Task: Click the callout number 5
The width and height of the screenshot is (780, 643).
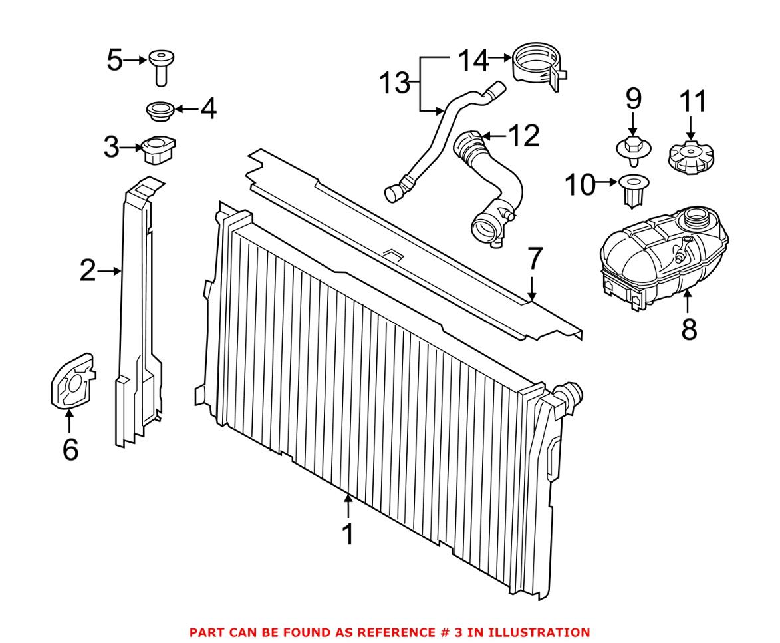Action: [x=114, y=61]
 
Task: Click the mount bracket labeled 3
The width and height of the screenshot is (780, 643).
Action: [x=158, y=148]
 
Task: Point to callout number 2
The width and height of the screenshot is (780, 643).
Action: [x=88, y=271]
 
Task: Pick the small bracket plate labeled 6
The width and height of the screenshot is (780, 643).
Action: [x=72, y=382]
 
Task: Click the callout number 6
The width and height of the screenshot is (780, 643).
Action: [x=70, y=450]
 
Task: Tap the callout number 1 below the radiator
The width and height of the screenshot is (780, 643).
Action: [x=348, y=535]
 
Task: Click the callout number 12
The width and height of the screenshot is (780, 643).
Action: [x=522, y=136]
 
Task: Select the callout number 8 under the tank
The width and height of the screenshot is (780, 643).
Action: [x=689, y=328]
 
